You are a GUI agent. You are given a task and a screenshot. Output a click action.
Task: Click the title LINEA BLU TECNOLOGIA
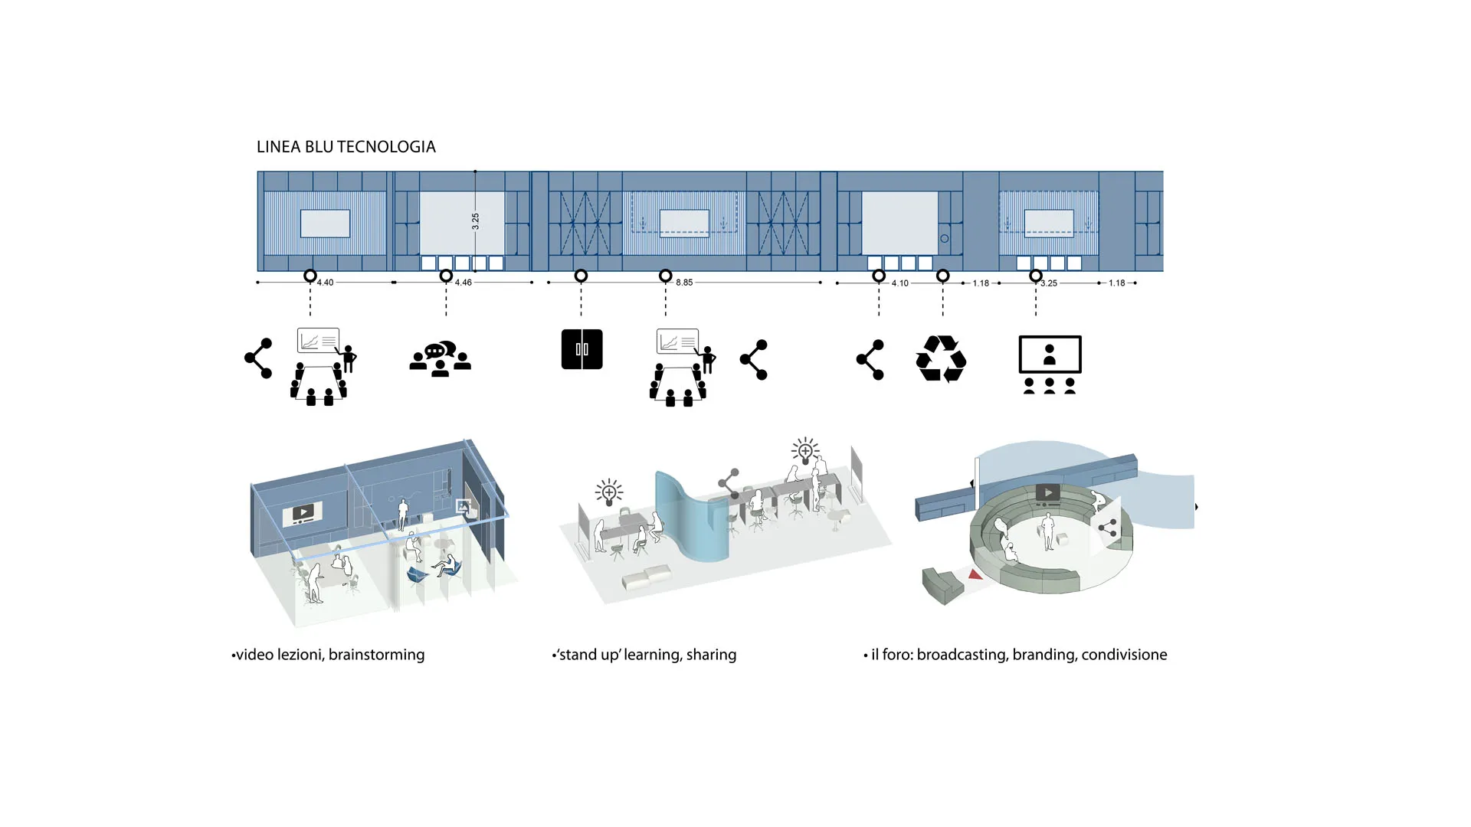pos(346,147)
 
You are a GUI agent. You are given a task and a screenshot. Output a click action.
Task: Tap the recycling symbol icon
pos(941,359)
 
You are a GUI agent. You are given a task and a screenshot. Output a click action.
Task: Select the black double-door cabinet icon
pos(582,349)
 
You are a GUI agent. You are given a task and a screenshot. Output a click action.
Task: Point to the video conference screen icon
pos(1050,364)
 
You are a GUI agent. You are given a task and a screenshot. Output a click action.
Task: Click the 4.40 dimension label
pos(326,283)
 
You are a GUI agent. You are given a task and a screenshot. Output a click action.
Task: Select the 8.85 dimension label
pos(684,283)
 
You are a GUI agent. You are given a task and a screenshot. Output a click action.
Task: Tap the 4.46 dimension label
pos(464,283)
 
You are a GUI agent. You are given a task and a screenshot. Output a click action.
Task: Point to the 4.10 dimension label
pos(900,283)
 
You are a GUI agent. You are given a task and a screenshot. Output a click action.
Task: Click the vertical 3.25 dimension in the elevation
pos(476,221)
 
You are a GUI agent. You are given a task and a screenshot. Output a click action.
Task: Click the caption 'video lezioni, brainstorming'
pos(329,655)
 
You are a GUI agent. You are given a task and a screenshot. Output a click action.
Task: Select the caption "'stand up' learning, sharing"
pos(645,655)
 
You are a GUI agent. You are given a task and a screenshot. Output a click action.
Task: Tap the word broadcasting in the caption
pos(962,655)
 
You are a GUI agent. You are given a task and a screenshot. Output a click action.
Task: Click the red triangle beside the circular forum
pos(975,574)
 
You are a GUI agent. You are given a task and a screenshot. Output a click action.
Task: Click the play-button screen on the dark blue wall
pos(303,513)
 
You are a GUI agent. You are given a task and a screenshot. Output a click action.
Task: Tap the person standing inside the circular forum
pos(1047,531)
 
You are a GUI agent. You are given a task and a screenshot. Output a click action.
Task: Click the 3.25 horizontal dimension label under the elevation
pos(1049,283)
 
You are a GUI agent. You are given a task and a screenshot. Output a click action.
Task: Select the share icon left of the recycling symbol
pos(870,359)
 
